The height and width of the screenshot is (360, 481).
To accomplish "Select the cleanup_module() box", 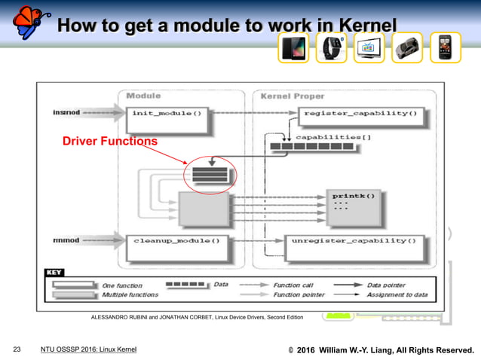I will tap(177, 242).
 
